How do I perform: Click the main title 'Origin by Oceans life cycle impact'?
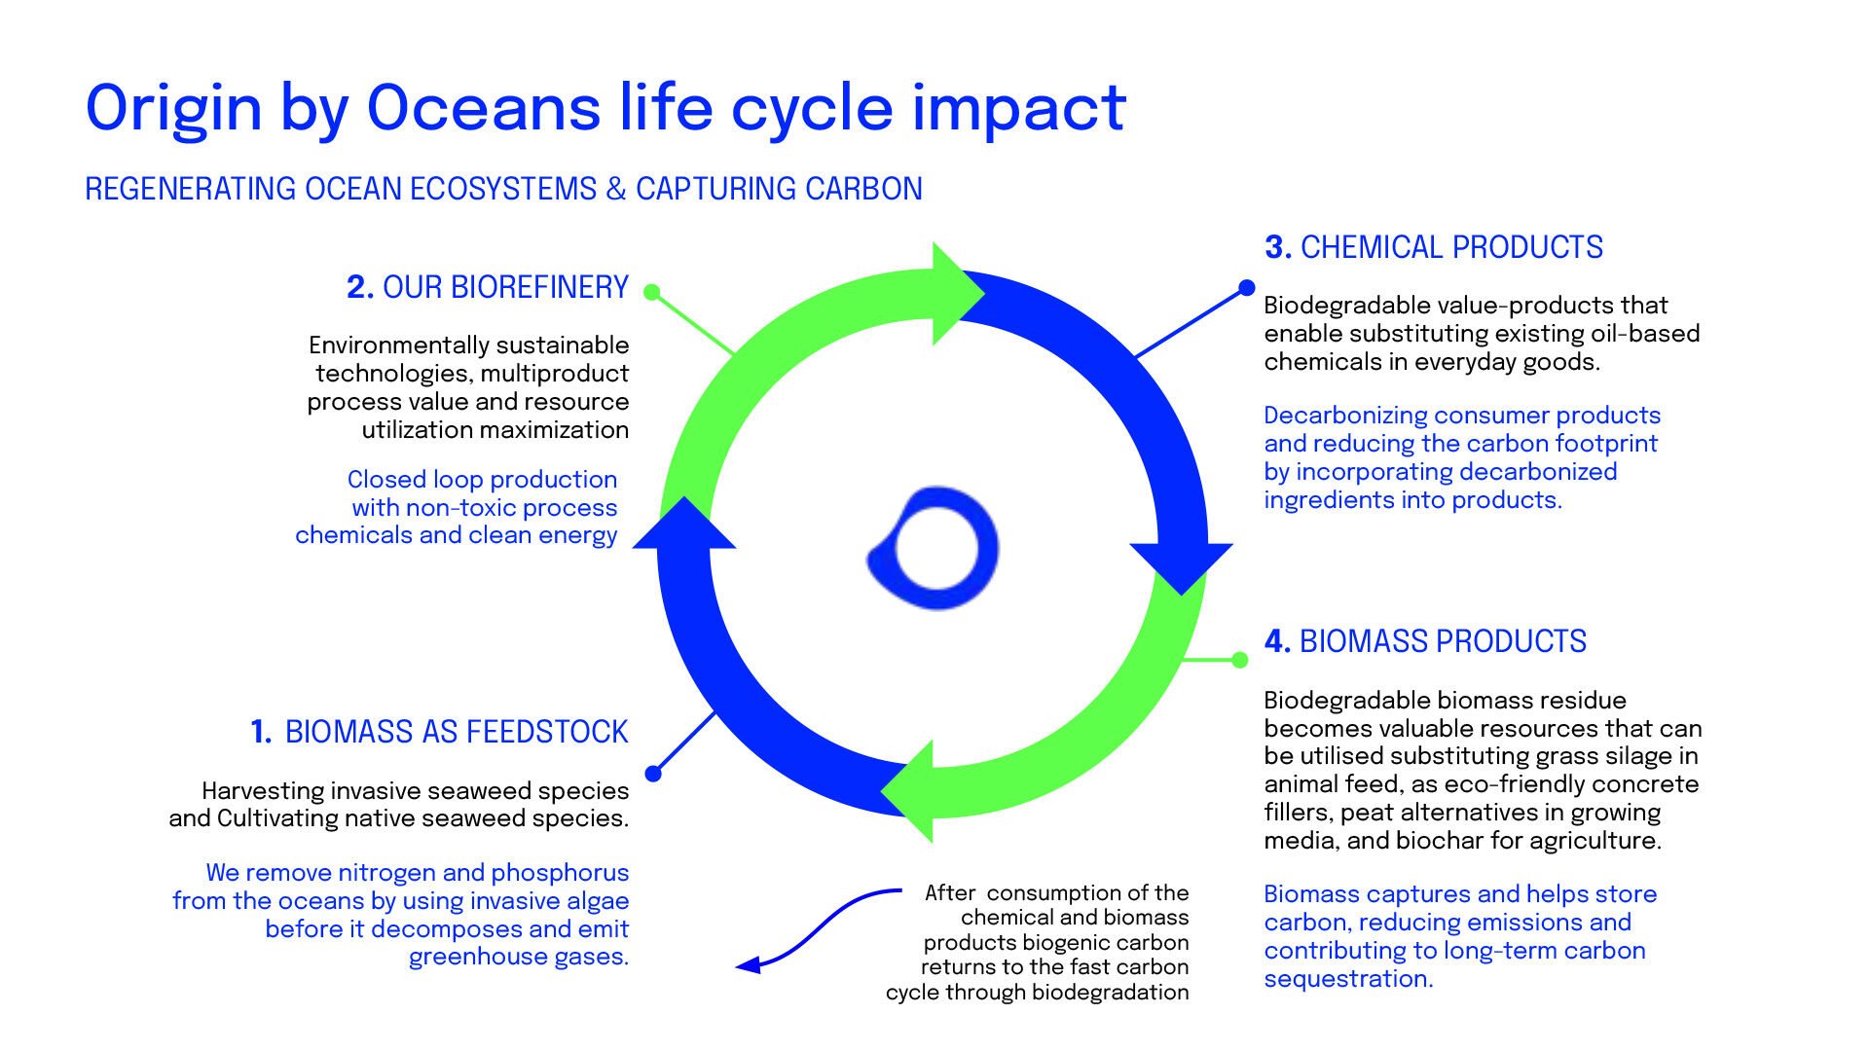click(x=605, y=109)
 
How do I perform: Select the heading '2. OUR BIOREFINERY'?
click(x=488, y=287)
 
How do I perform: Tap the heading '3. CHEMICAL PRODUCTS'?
click(x=1434, y=247)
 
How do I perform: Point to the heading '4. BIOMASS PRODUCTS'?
click(x=1425, y=641)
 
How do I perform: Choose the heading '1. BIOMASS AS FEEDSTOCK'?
click(x=439, y=732)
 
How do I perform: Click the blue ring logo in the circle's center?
click(x=934, y=548)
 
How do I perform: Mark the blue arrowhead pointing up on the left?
click(x=684, y=524)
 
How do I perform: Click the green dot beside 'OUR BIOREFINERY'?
click(x=652, y=292)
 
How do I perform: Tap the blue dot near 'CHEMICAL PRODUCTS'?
click(x=1247, y=287)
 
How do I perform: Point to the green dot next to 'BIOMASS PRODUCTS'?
click(x=1240, y=660)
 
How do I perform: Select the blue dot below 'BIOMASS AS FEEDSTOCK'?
click(x=653, y=774)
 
